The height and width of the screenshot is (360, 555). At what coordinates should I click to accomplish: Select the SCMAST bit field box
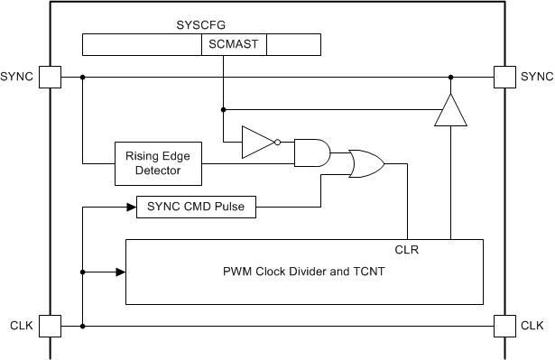pos(233,45)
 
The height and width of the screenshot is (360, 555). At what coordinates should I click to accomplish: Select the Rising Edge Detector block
pos(157,163)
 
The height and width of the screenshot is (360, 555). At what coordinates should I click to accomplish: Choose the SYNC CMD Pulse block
pos(196,208)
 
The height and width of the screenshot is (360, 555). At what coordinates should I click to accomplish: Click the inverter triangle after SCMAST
pos(256,142)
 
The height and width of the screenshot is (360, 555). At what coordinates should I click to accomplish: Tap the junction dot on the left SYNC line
pos(83,77)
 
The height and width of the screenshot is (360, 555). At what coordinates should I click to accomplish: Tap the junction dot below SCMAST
pos(221,110)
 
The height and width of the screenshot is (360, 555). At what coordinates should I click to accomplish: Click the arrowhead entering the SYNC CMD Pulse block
pos(131,208)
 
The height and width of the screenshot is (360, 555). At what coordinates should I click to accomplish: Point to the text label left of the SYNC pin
pos(18,77)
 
